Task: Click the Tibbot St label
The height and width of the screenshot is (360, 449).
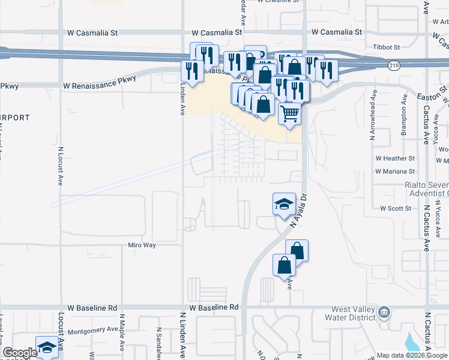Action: (385, 47)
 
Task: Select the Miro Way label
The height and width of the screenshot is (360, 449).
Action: (142, 245)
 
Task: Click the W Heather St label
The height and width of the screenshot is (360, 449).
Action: (395, 158)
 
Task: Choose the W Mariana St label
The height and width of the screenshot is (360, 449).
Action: (395, 171)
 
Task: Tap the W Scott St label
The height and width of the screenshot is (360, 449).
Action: (395, 208)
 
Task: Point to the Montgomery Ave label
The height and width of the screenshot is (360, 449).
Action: (93, 329)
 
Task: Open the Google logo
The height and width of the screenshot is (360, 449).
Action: (20, 352)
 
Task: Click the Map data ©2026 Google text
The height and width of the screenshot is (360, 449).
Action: (411, 355)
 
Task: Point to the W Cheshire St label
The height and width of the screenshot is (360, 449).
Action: (278, 2)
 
